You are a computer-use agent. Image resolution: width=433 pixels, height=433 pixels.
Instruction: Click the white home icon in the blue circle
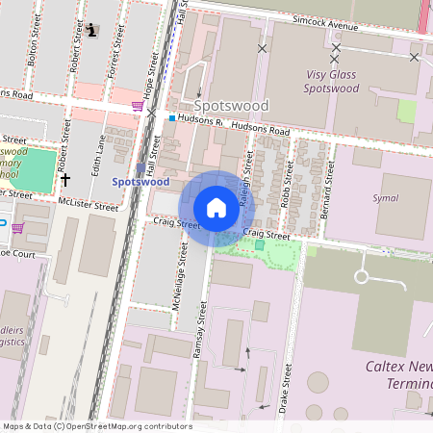tap(216, 207)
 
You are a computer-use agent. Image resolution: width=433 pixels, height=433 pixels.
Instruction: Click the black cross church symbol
tap(65, 179)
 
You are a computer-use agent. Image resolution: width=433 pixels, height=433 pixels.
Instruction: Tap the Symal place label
tap(385, 198)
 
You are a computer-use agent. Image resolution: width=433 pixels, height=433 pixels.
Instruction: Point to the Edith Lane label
tap(95, 153)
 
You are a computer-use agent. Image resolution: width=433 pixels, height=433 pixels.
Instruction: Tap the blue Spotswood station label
tap(140, 181)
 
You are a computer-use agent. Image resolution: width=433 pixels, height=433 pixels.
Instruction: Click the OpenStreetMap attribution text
tap(96, 426)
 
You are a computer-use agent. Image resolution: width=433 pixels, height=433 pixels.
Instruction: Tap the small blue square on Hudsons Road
tap(172, 118)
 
